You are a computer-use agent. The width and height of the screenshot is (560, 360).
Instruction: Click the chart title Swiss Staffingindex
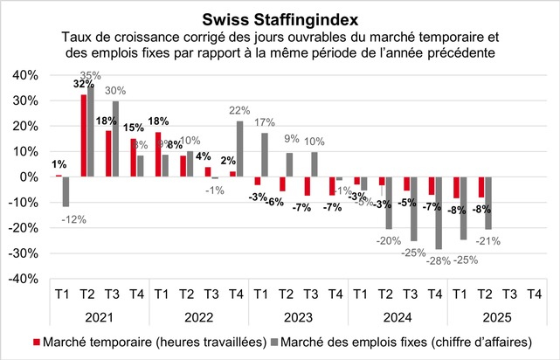tap(279, 18)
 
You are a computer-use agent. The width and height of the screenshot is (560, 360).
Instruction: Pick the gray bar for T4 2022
tap(215, 149)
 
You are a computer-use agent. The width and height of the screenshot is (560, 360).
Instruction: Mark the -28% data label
tap(416, 260)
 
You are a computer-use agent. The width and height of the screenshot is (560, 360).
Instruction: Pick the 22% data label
tap(216, 110)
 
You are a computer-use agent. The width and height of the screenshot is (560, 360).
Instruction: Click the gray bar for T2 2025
tap(488, 203)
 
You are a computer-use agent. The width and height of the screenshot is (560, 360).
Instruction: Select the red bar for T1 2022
tap(158, 154)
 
